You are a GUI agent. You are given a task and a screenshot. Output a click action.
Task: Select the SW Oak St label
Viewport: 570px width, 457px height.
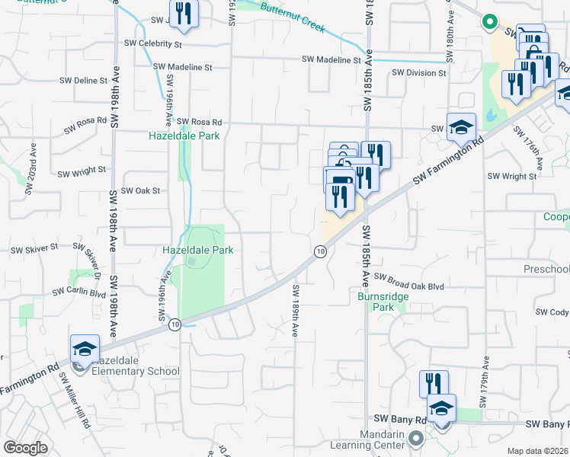[x=141, y=190]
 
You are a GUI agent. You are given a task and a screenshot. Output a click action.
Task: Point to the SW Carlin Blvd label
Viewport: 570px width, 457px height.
[x=78, y=292]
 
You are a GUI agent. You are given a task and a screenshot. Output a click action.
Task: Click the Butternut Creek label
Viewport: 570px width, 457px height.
[x=293, y=18]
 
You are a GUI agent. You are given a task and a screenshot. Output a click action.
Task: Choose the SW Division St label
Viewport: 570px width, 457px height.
[x=418, y=73]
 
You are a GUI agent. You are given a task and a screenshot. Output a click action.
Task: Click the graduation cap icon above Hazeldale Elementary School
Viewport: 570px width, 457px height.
[x=85, y=348]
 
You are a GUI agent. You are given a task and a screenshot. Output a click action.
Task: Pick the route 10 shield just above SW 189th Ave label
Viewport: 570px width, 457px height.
[x=321, y=251]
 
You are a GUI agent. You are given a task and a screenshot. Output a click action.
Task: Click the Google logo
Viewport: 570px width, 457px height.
[x=25, y=448]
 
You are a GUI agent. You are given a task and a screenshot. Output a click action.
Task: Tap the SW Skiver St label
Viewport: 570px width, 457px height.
[x=34, y=249]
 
